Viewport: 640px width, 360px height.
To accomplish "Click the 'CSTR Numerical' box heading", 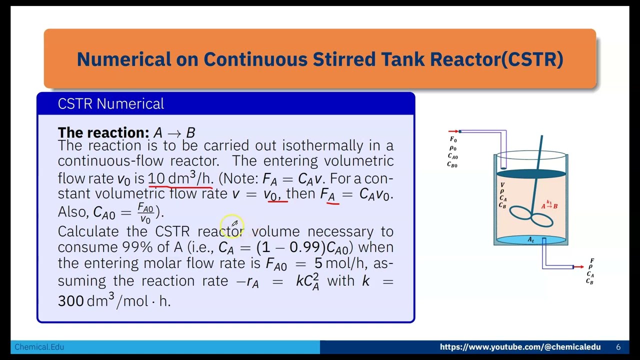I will [x=110, y=104].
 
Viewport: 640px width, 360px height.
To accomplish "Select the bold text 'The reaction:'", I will [x=103, y=133].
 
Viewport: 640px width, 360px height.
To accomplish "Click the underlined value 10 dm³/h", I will [x=180, y=178].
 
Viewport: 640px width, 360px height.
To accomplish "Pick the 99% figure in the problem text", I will [x=133, y=247].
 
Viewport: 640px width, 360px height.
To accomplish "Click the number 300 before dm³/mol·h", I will [x=71, y=301].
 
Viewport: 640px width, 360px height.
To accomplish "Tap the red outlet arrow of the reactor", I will [x=578, y=267].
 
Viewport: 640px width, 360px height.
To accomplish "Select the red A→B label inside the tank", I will [x=549, y=205].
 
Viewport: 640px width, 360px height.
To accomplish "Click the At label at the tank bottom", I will [x=530, y=240].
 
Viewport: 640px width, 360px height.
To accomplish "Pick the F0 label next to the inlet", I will [x=453, y=139].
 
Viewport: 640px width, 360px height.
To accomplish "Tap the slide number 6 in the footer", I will [x=618, y=347].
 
